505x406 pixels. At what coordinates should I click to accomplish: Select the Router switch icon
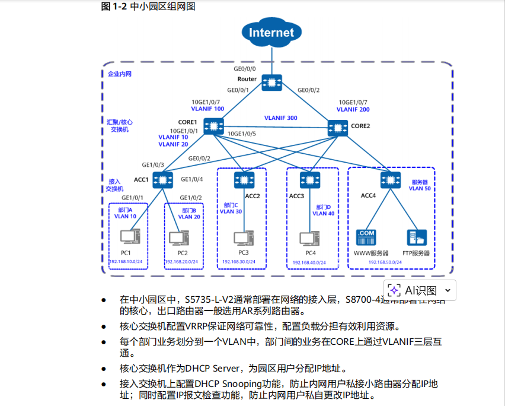(x=272, y=83)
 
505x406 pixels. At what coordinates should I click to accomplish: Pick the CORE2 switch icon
(x=338, y=126)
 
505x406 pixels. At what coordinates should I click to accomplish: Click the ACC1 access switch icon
(x=161, y=179)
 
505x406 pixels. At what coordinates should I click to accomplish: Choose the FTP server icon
(x=416, y=238)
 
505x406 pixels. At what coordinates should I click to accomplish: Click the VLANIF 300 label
(x=280, y=118)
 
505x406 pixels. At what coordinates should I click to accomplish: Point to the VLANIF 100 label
(x=207, y=109)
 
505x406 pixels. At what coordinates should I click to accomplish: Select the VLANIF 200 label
(x=353, y=110)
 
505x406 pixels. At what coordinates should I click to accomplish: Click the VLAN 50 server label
(x=419, y=188)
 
